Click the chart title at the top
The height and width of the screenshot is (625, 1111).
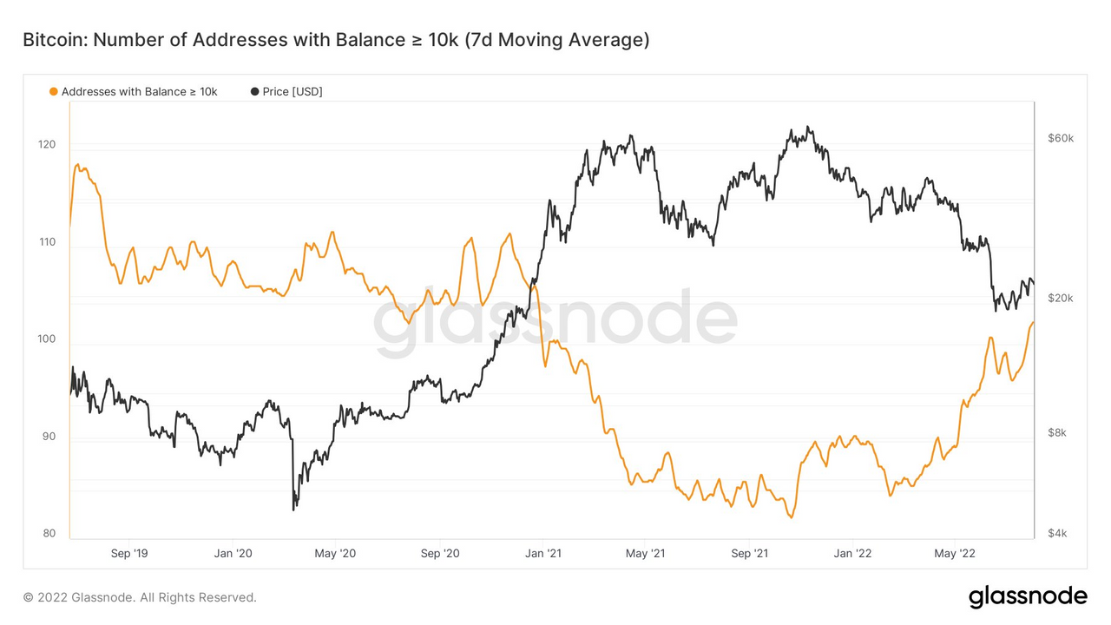coord(335,41)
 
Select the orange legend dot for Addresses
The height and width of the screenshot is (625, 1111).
coord(54,91)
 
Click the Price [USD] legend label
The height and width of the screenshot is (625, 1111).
coord(293,91)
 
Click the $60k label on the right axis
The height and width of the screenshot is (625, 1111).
coord(1061,138)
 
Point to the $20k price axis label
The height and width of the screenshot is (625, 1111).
coord(1061,298)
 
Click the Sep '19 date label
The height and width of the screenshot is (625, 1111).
coord(130,553)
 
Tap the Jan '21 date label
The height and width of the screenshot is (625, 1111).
coord(542,553)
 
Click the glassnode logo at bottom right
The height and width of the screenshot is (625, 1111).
coord(1027,596)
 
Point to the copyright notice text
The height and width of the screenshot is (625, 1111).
coord(140,597)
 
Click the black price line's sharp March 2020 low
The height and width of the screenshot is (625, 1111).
coord(293,510)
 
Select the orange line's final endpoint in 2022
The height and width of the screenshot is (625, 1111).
coord(1033,323)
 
